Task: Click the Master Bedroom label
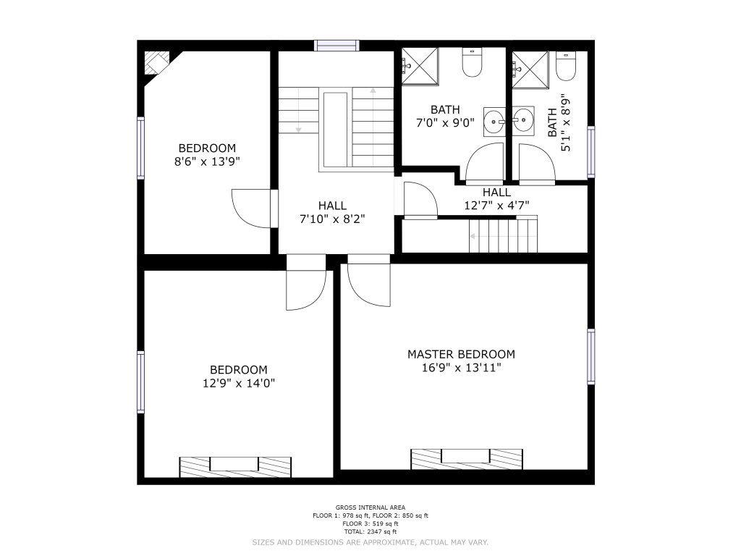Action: click(461, 354)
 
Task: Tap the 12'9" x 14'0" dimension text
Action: click(239, 383)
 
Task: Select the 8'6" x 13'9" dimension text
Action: click(207, 161)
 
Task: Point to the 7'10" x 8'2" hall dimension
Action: click(332, 219)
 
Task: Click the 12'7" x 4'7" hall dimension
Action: click(496, 206)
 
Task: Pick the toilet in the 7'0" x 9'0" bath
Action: click(472, 62)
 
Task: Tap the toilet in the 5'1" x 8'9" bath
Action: click(565, 66)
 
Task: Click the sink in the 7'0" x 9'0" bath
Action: click(494, 121)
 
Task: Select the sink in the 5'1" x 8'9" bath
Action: click(524, 121)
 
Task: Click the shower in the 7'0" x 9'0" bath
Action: click(420, 66)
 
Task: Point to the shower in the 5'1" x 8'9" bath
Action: click(530, 70)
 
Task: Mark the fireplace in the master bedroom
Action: click(467, 459)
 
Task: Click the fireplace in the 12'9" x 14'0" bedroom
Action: click(235, 467)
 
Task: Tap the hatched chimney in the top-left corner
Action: click(156, 62)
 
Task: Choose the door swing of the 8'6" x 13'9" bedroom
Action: click(251, 208)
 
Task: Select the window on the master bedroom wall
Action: click(591, 356)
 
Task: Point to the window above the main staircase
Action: click(337, 46)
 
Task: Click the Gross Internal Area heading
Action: click(370, 507)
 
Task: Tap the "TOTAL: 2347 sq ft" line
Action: click(370, 532)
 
